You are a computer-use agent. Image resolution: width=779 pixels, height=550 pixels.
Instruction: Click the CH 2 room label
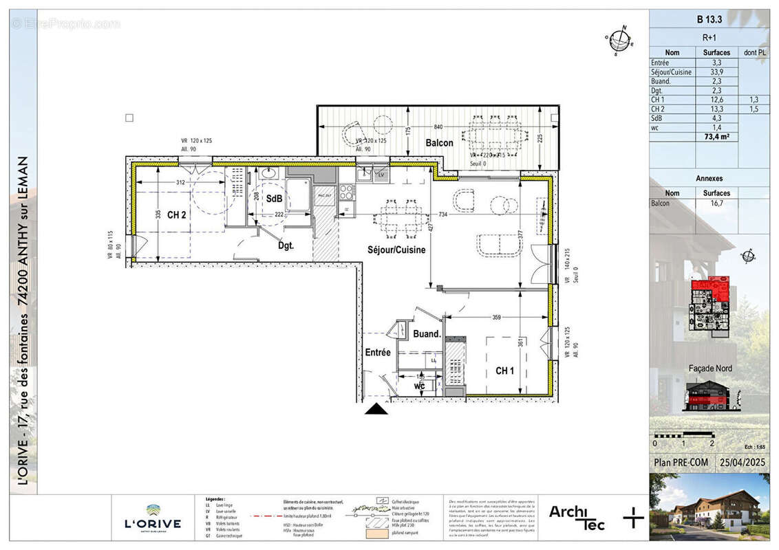(x=177, y=215)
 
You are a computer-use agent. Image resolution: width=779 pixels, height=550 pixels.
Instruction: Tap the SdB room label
(x=275, y=199)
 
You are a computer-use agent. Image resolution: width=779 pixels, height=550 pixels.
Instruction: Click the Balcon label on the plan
(x=438, y=143)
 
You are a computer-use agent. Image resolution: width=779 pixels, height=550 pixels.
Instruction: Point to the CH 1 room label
(x=504, y=371)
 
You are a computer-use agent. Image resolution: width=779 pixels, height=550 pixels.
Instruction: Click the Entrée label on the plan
(x=378, y=353)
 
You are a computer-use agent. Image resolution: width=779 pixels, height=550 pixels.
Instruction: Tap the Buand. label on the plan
(x=427, y=334)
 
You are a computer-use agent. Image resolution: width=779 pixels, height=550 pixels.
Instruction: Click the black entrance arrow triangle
(x=376, y=410)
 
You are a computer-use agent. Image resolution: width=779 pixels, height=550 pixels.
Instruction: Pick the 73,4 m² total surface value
(x=716, y=137)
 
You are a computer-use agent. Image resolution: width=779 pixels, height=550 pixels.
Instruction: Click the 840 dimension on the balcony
(x=440, y=128)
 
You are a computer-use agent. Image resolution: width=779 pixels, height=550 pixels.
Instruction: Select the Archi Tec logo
(x=577, y=517)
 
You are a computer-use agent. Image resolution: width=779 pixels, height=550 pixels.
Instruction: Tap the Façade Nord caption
(x=710, y=368)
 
